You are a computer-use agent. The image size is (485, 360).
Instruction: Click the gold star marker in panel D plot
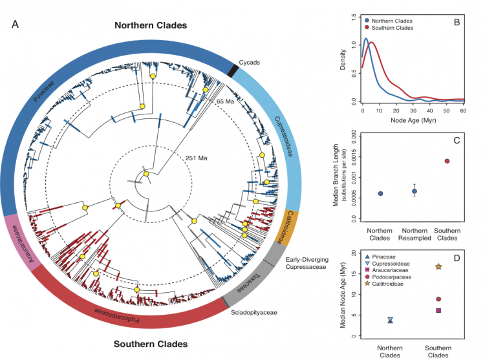pyautogui.click(x=438, y=266)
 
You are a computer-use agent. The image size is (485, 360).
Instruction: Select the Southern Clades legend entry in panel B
pyautogui.click(x=391, y=28)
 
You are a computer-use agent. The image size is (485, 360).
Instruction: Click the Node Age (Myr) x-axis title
pyautogui.click(x=414, y=120)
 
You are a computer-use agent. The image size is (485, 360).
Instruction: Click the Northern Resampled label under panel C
pyautogui.click(x=415, y=235)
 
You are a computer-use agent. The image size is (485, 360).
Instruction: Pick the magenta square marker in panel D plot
pyautogui.click(x=438, y=311)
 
